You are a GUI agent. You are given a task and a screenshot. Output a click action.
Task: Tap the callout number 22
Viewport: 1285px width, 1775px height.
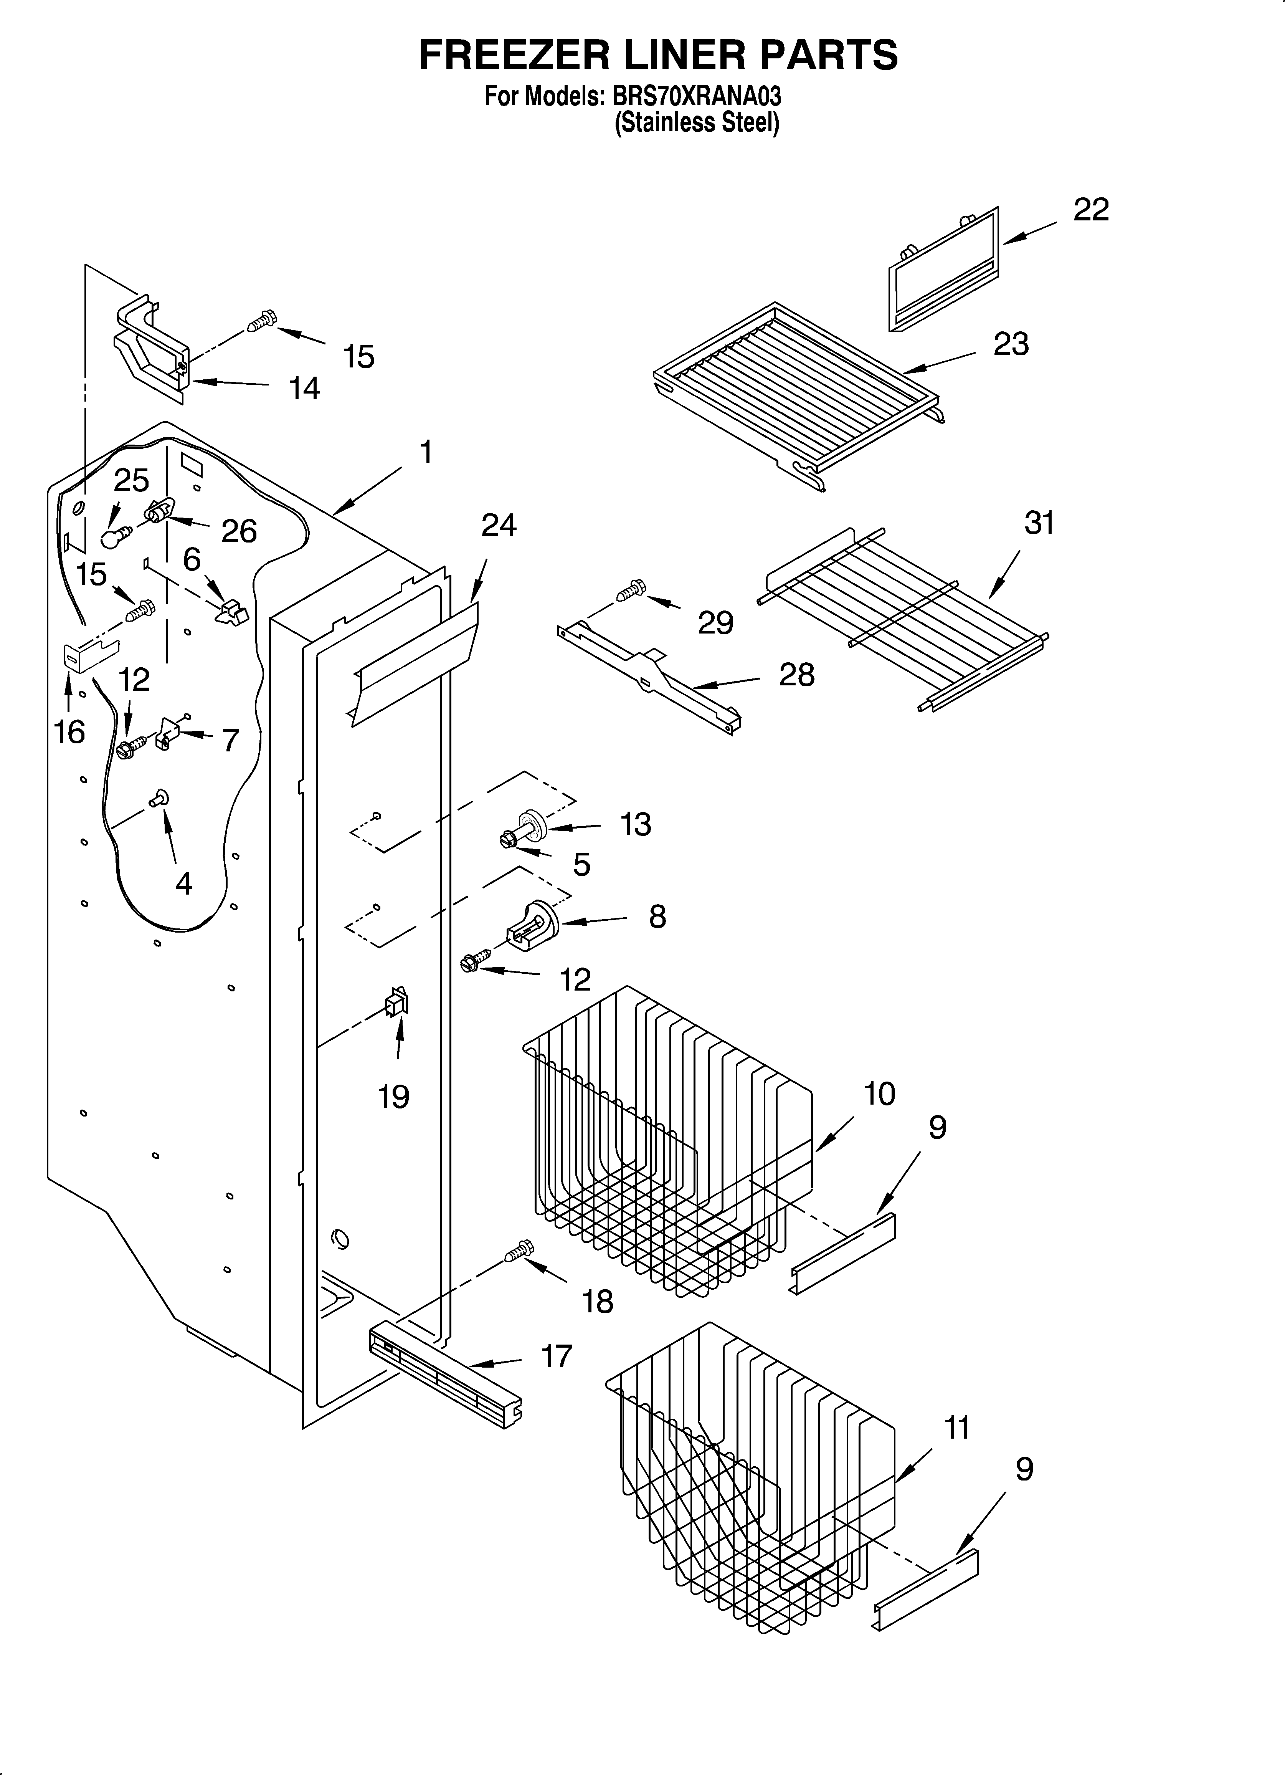[1091, 210]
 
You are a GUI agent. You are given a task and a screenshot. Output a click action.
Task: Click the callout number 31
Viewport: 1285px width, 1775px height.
[1039, 523]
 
